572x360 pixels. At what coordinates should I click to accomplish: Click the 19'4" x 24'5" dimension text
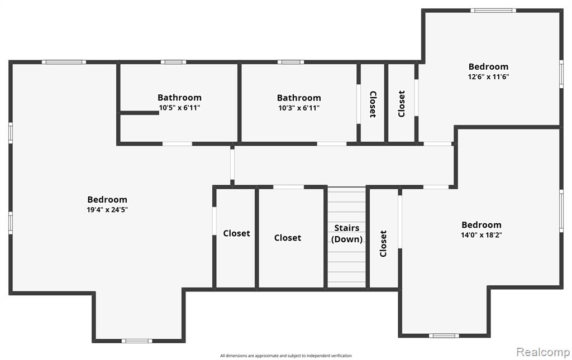107,210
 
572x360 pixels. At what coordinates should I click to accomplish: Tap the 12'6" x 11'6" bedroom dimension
488,77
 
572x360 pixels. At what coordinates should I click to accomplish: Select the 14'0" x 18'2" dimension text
482,235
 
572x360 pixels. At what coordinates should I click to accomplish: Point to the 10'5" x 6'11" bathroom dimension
179,108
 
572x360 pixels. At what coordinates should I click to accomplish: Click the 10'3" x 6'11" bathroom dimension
299,108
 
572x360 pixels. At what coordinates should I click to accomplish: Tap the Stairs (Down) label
347,233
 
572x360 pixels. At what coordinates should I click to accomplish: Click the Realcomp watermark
543,352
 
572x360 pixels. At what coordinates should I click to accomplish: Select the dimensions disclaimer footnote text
286,356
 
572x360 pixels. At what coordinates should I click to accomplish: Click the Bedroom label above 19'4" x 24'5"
107,200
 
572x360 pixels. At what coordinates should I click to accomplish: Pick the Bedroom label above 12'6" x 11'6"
488,66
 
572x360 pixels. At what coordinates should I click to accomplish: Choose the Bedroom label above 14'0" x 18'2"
482,225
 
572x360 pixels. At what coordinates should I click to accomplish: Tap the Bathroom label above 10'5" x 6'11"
179,98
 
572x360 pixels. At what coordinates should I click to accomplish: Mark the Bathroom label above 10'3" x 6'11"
299,98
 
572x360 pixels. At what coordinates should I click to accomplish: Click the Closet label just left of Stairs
288,238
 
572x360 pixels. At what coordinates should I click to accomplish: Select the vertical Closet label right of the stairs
383,243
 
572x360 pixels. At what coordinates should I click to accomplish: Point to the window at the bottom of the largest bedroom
137,341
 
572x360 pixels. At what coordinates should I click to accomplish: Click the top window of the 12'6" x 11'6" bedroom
493,11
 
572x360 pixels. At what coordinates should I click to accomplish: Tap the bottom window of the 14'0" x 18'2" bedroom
444,335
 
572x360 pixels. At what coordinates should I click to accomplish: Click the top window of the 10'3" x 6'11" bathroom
290,62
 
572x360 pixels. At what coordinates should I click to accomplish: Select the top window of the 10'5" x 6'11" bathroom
173,62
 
